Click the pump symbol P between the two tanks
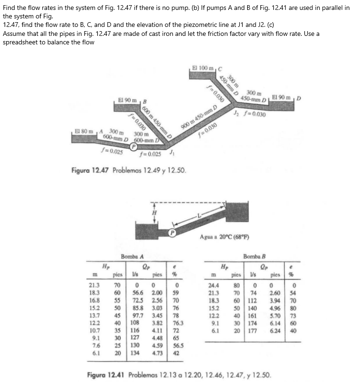click(x=173, y=233)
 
